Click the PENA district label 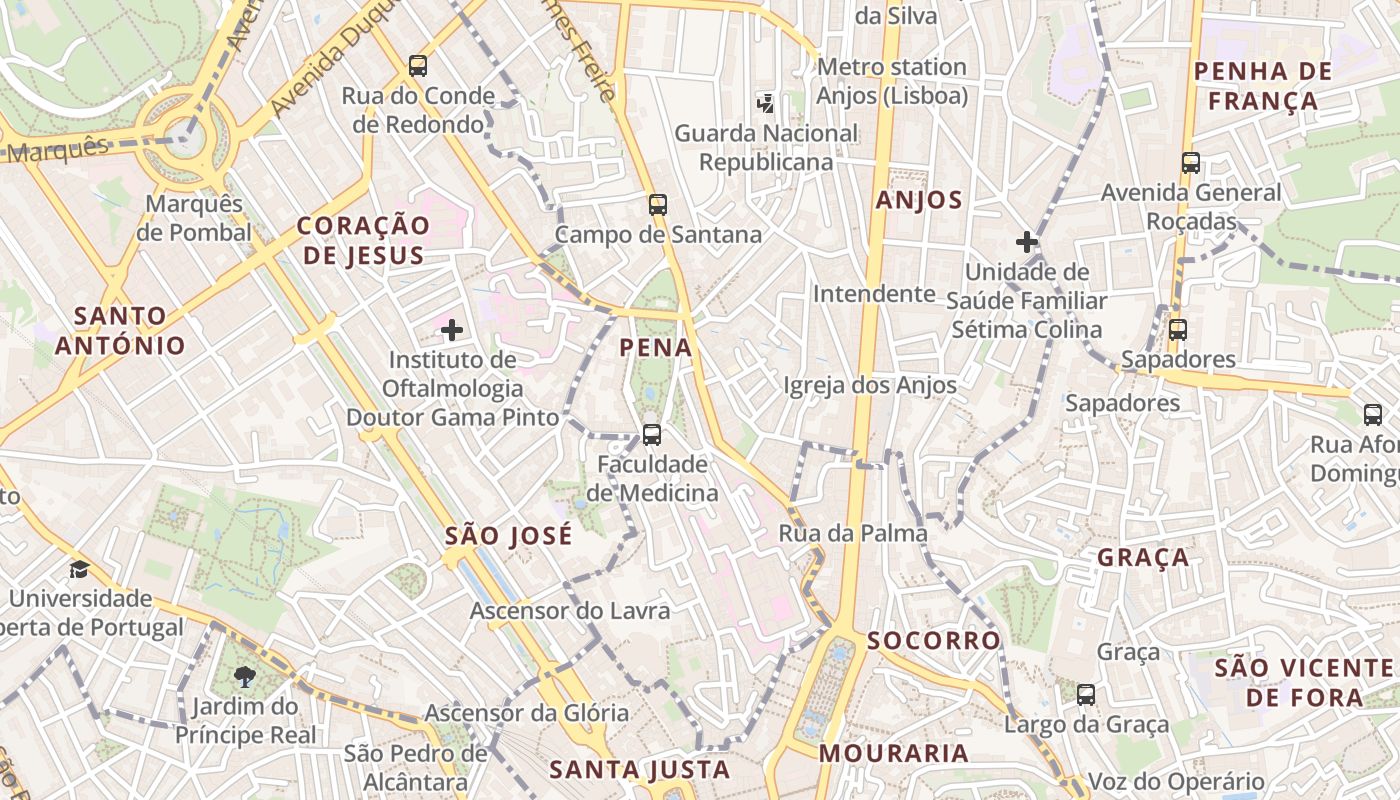[x=656, y=348]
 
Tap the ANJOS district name [x=919, y=200]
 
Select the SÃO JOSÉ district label [x=509, y=536]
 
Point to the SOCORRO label [x=934, y=641]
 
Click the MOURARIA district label [x=894, y=753]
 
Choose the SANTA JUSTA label [x=640, y=770]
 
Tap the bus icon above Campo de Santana [x=657, y=205]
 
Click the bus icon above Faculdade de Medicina [x=652, y=435]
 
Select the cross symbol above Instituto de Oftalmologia [x=452, y=329]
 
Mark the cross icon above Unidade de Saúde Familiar [x=1026, y=242]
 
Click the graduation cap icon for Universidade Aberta [x=79, y=570]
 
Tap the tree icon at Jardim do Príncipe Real [x=244, y=677]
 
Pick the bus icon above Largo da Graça [x=1086, y=694]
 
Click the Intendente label [x=873, y=294]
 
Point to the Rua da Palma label [x=853, y=534]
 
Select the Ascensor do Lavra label [x=570, y=611]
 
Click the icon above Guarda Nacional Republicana [x=765, y=102]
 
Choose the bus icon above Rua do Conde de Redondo [x=418, y=66]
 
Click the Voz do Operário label [x=1176, y=782]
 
